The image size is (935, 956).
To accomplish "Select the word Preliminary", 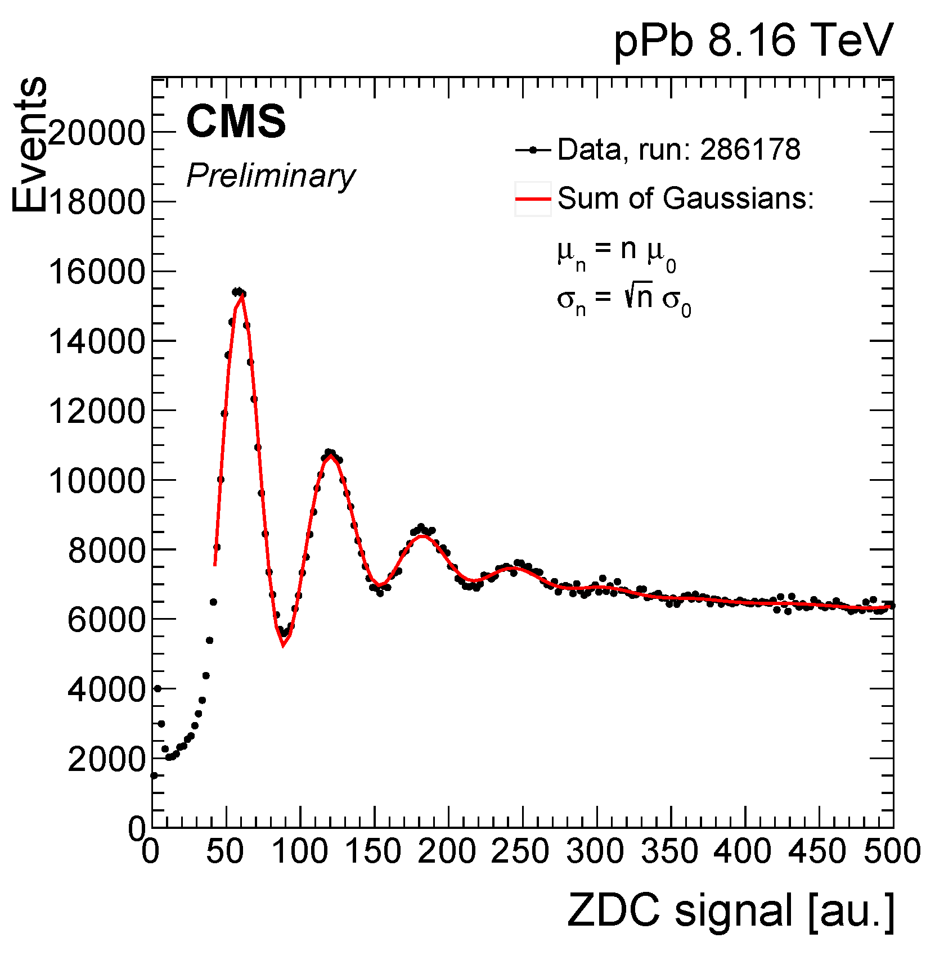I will tap(271, 175).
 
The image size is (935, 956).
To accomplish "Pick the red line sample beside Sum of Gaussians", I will tap(532, 199).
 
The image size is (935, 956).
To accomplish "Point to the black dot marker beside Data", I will tap(532, 150).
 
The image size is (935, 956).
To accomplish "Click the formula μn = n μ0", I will tap(616, 253).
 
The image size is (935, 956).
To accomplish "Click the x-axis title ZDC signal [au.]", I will tap(730, 910).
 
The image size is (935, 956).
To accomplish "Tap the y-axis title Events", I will tap(29, 145).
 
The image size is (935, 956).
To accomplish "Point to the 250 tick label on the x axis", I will tap(520, 851).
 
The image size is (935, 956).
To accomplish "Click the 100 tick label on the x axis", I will tap(299, 851).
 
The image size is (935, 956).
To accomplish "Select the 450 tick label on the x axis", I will tap(817, 851).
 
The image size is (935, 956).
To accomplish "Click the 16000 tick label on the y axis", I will tap(97, 272).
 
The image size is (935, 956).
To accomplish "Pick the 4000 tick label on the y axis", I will tap(106, 689).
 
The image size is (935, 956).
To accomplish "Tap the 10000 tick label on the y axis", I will tap(97, 481).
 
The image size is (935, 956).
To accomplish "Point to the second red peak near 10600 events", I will tap(331, 457).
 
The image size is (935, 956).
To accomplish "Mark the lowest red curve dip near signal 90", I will tap(283, 644).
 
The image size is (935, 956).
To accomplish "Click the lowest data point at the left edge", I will tap(154, 775).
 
